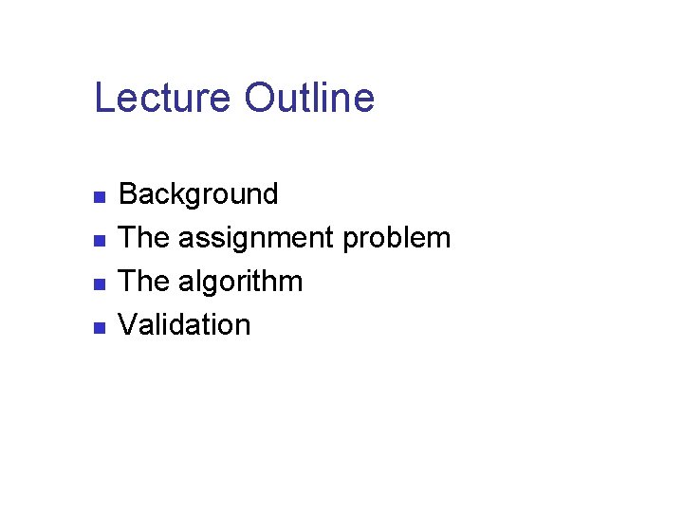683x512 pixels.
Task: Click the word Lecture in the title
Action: click(x=162, y=98)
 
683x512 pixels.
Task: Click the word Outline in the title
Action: click(x=309, y=98)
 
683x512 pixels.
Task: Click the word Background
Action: click(x=198, y=194)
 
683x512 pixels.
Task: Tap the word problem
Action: click(x=397, y=238)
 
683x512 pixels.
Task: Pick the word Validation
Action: click(x=184, y=325)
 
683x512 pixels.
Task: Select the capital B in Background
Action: click(x=127, y=194)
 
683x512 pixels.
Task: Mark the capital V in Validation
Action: click(x=126, y=325)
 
